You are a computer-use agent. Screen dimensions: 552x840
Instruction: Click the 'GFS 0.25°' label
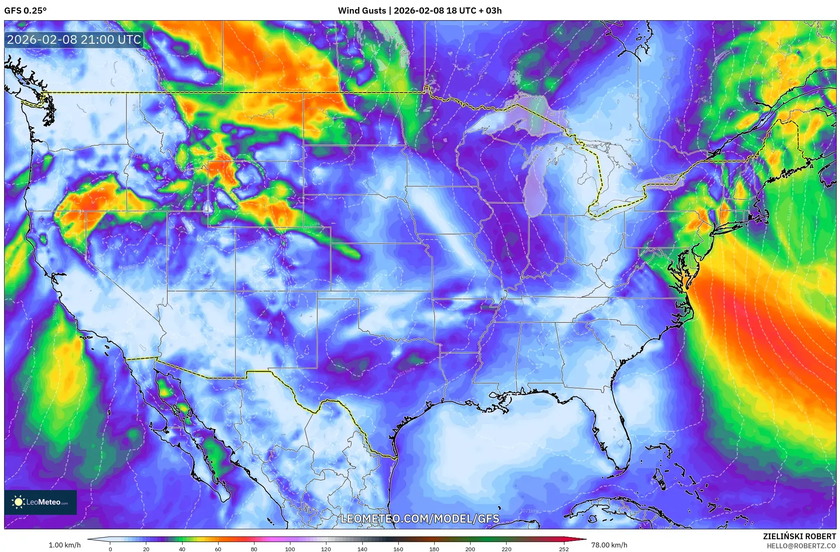pyautogui.click(x=25, y=10)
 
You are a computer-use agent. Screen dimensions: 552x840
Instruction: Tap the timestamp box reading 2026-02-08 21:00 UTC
pyautogui.click(x=74, y=40)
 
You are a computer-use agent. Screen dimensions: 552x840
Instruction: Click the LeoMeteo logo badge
pyautogui.click(x=40, y=502)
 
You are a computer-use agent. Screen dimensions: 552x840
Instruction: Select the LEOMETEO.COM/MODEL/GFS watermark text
pyautogui.click(x=420, y=519)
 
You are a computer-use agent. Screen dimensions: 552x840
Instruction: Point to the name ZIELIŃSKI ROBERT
pyautogui.click(x=799, y=536)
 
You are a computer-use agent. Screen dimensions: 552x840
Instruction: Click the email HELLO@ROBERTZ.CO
pyautogui.click(x=801, y=546)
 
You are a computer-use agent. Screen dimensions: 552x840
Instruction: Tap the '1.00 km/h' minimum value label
pyautogui.click(x=64, y=545)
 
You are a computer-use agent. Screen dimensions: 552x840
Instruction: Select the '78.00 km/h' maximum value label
pyautogui.click(x=609, y=545)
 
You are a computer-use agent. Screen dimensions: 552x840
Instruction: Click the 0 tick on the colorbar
pyautogui.click(x=110, y=549)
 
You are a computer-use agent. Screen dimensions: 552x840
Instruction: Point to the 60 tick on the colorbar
pyautogui.click(x=218, y=549)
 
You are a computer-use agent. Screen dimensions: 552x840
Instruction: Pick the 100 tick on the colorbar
pyautogui.click(x=290, y=549)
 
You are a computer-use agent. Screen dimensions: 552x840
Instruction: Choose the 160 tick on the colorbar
pyautogui.click(x=398, y=549)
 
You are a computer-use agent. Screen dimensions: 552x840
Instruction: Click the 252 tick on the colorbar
pyautogui.click(x=564, y=549)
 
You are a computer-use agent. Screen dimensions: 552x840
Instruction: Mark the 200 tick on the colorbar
pyautogui.click(x=470, y=549)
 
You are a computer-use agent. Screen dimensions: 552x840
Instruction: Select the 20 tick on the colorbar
pyautogui.click(x=146, y=549)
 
